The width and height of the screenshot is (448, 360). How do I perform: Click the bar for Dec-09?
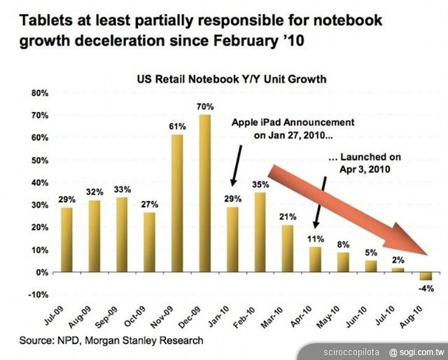[x=205, y=193]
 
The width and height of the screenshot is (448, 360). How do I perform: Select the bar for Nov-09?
[x=178, y=202]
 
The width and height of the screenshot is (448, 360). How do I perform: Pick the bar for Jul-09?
[x=67, y=239]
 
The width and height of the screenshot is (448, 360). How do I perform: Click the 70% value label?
[x=205, y=107]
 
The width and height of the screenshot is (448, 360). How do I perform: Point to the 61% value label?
[x=178, y=127]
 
